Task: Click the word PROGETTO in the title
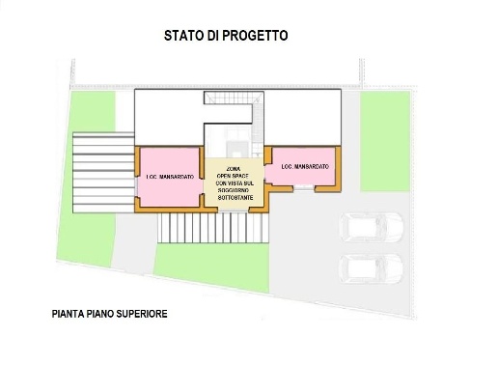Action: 260,36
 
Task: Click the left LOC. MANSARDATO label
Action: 171,178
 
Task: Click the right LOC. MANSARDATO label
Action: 305,167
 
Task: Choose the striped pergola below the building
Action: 215,228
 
